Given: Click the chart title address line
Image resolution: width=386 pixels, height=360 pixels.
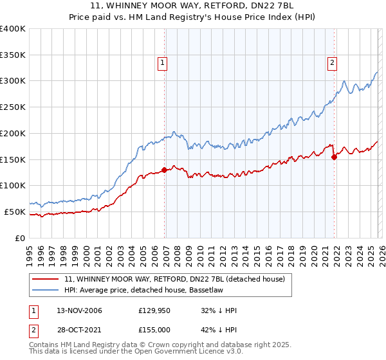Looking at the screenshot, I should [193, 6].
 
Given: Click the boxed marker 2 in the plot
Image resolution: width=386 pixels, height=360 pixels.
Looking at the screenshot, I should [332, 63].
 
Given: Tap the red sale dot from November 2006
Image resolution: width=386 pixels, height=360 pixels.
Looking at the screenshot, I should [165, 170].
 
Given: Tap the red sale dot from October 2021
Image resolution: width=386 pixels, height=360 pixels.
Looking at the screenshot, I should [335, 156].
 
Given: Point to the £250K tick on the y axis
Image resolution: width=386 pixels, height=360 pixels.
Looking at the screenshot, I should [13, 107].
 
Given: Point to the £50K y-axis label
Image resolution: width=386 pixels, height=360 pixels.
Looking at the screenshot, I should [15, 212].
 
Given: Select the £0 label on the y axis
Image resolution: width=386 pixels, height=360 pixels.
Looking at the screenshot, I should [20, 238].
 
